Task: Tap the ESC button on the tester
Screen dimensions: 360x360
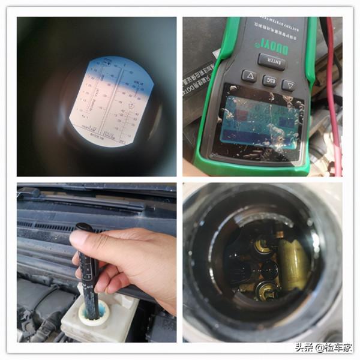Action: (x=269, y=80)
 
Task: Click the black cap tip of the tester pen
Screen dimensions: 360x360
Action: (x=83, y=227)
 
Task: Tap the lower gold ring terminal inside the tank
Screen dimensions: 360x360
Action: (x=264, y=287)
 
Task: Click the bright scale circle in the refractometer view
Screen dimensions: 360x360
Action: (x=111, y=99)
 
